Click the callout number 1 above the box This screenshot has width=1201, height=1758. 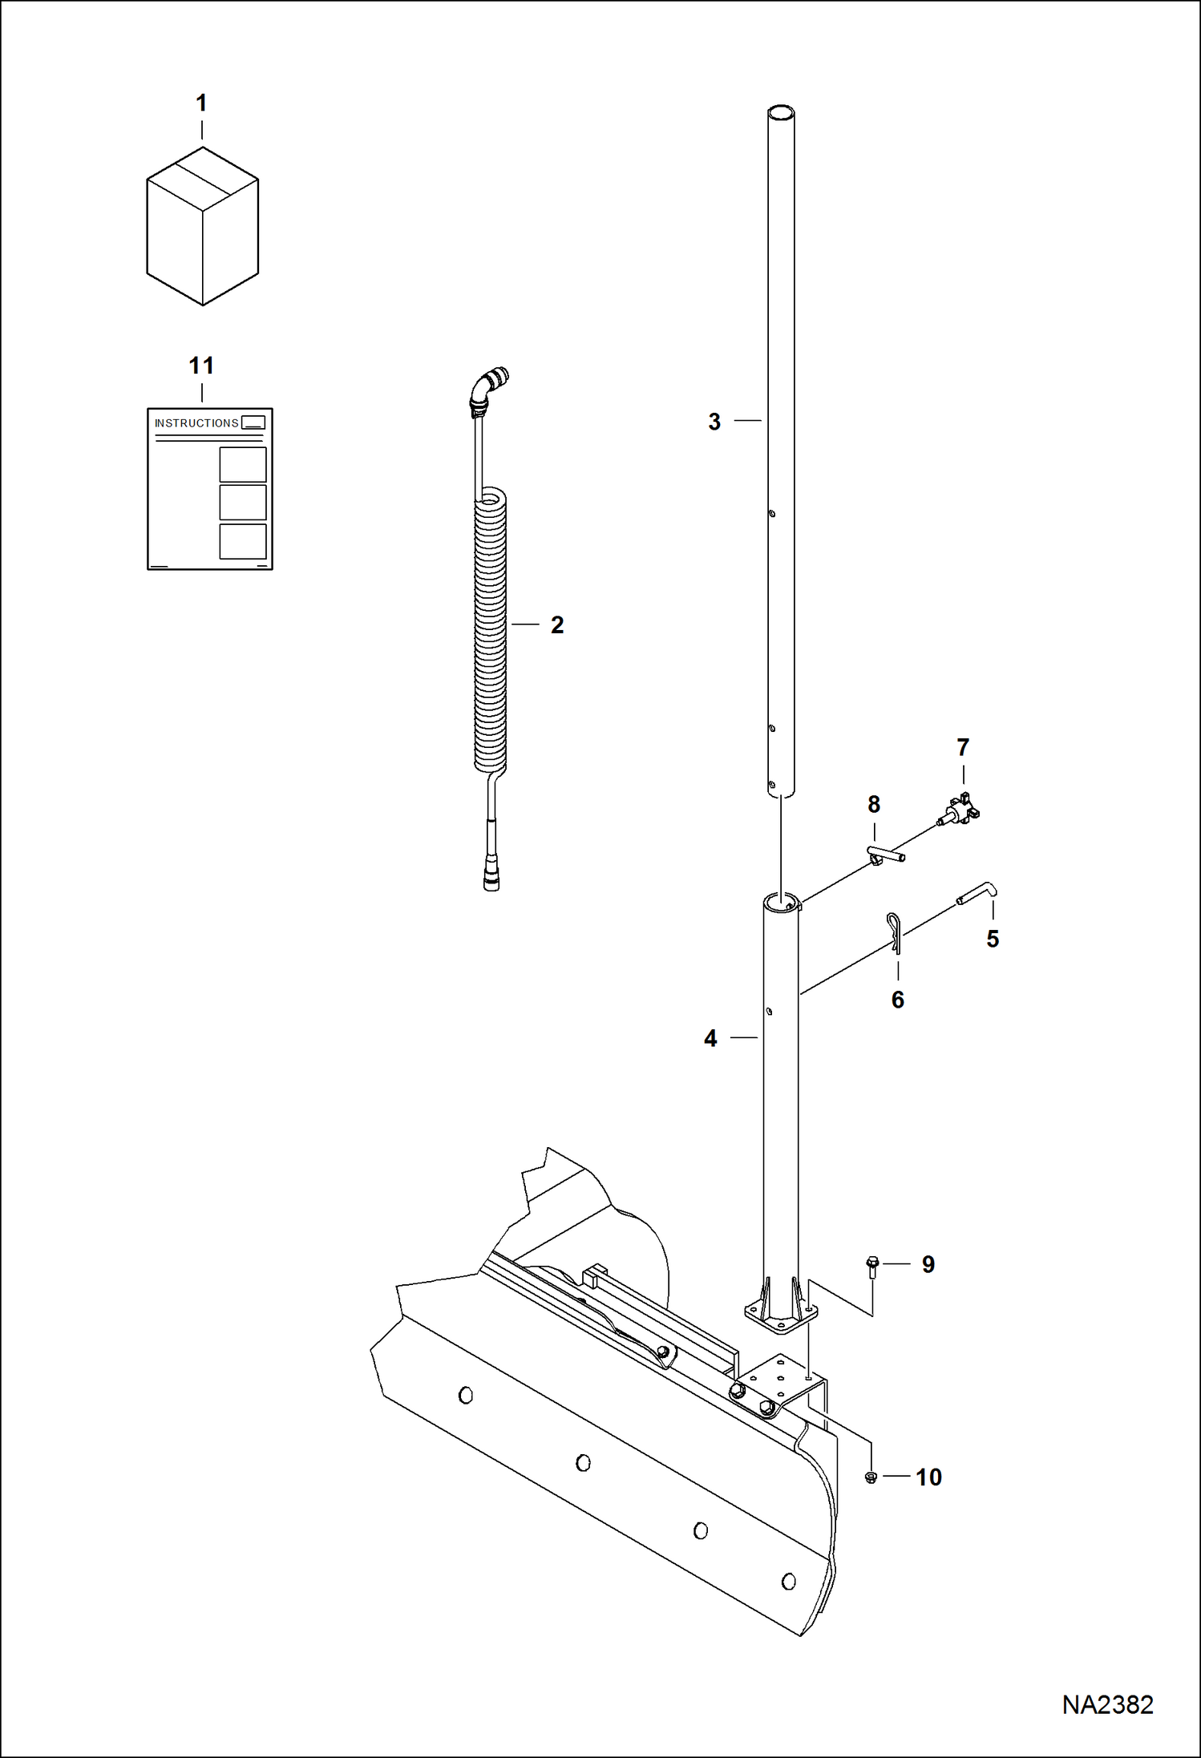pos(201,103)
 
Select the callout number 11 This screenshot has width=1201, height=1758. pos(201,366)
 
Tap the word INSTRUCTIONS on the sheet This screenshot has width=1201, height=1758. pos(196,423)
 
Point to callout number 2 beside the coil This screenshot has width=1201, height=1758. pos(557,625)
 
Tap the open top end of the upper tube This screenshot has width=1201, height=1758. pos(781,114)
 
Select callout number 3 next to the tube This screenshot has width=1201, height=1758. pos(714,422)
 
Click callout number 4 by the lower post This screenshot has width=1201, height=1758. pos(710,1039)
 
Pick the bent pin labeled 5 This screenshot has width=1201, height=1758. pos(977,892)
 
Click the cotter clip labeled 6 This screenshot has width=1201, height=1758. pos(895,935)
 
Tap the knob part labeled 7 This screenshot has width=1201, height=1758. pos(961,809)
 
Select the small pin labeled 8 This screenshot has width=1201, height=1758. pos(885,856)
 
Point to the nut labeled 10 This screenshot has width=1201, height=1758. pos(871,1477)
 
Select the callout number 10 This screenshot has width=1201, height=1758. pos(928,1477)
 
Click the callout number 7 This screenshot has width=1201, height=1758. pos(963,747)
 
